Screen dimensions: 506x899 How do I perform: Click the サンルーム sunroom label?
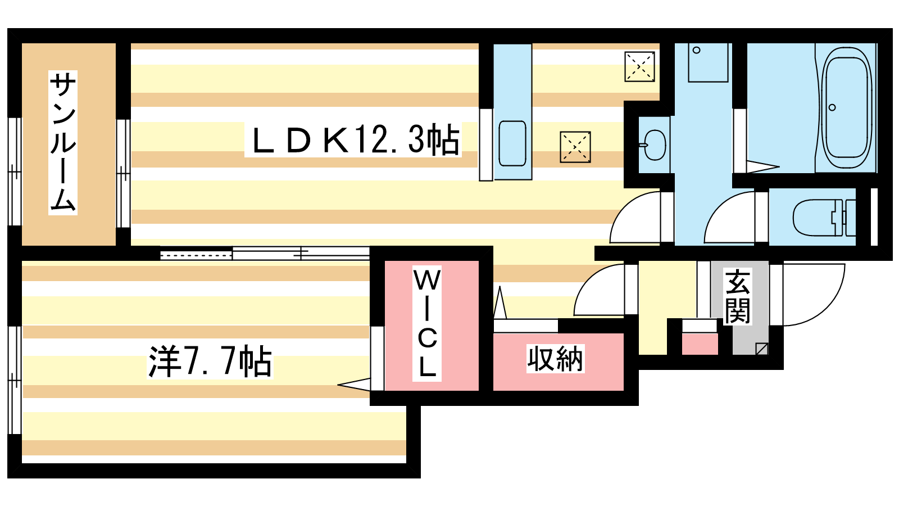[x=63, y=143]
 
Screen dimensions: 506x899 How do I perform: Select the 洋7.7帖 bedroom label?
[x=210, y=361]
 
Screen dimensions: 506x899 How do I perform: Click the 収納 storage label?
[x=556, y=359]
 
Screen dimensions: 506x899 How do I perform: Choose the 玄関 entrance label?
[x=738, y=297]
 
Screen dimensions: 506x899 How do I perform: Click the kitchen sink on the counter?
[x=512, y=143]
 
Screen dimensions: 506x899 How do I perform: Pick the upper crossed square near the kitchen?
[x=639, y=66]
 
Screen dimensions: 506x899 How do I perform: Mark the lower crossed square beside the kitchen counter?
[x=575, y=147]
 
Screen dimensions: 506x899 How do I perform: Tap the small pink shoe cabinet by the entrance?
[x=700, y=343]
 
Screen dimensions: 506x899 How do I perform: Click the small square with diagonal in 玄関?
[x=761, y=349]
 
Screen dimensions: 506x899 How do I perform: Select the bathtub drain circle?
[x=832, y=107]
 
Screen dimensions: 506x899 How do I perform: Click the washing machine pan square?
[x=707, y=62]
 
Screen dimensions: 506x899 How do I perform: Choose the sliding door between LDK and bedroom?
[x=264, y=254]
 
